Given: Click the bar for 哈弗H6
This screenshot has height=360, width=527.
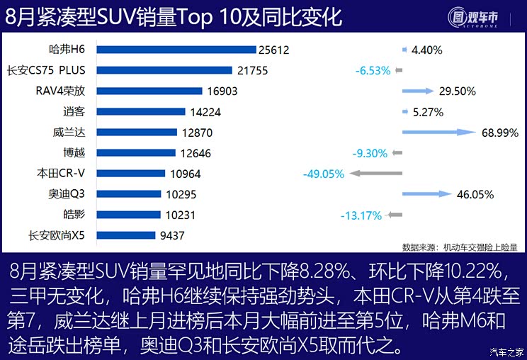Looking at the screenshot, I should coord(176,50).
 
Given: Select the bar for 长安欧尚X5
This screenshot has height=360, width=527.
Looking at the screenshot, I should coord(125,235).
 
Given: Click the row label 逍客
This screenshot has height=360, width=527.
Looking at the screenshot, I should coord(74,111).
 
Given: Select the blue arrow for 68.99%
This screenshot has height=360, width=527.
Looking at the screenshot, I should coord(438,132).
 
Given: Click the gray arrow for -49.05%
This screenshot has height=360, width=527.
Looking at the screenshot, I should coord(375,174).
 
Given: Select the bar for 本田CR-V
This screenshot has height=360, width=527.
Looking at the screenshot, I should coord(131,174).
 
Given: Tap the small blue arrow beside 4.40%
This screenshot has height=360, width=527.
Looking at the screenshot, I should coord(404,50).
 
